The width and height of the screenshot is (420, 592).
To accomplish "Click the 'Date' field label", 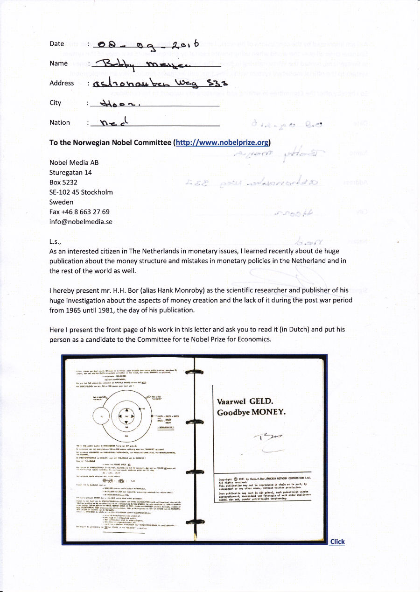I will [56, 44].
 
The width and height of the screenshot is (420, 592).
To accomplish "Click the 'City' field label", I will [56, 103].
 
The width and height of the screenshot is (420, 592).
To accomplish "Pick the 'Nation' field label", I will [60, 122].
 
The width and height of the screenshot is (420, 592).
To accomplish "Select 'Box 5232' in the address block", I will [63, 182].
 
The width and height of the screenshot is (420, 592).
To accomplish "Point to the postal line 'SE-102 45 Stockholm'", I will [81, 192].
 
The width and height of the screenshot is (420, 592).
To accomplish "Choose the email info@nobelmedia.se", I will [81, 222].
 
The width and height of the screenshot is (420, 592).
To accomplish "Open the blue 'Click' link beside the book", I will [337, 542].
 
